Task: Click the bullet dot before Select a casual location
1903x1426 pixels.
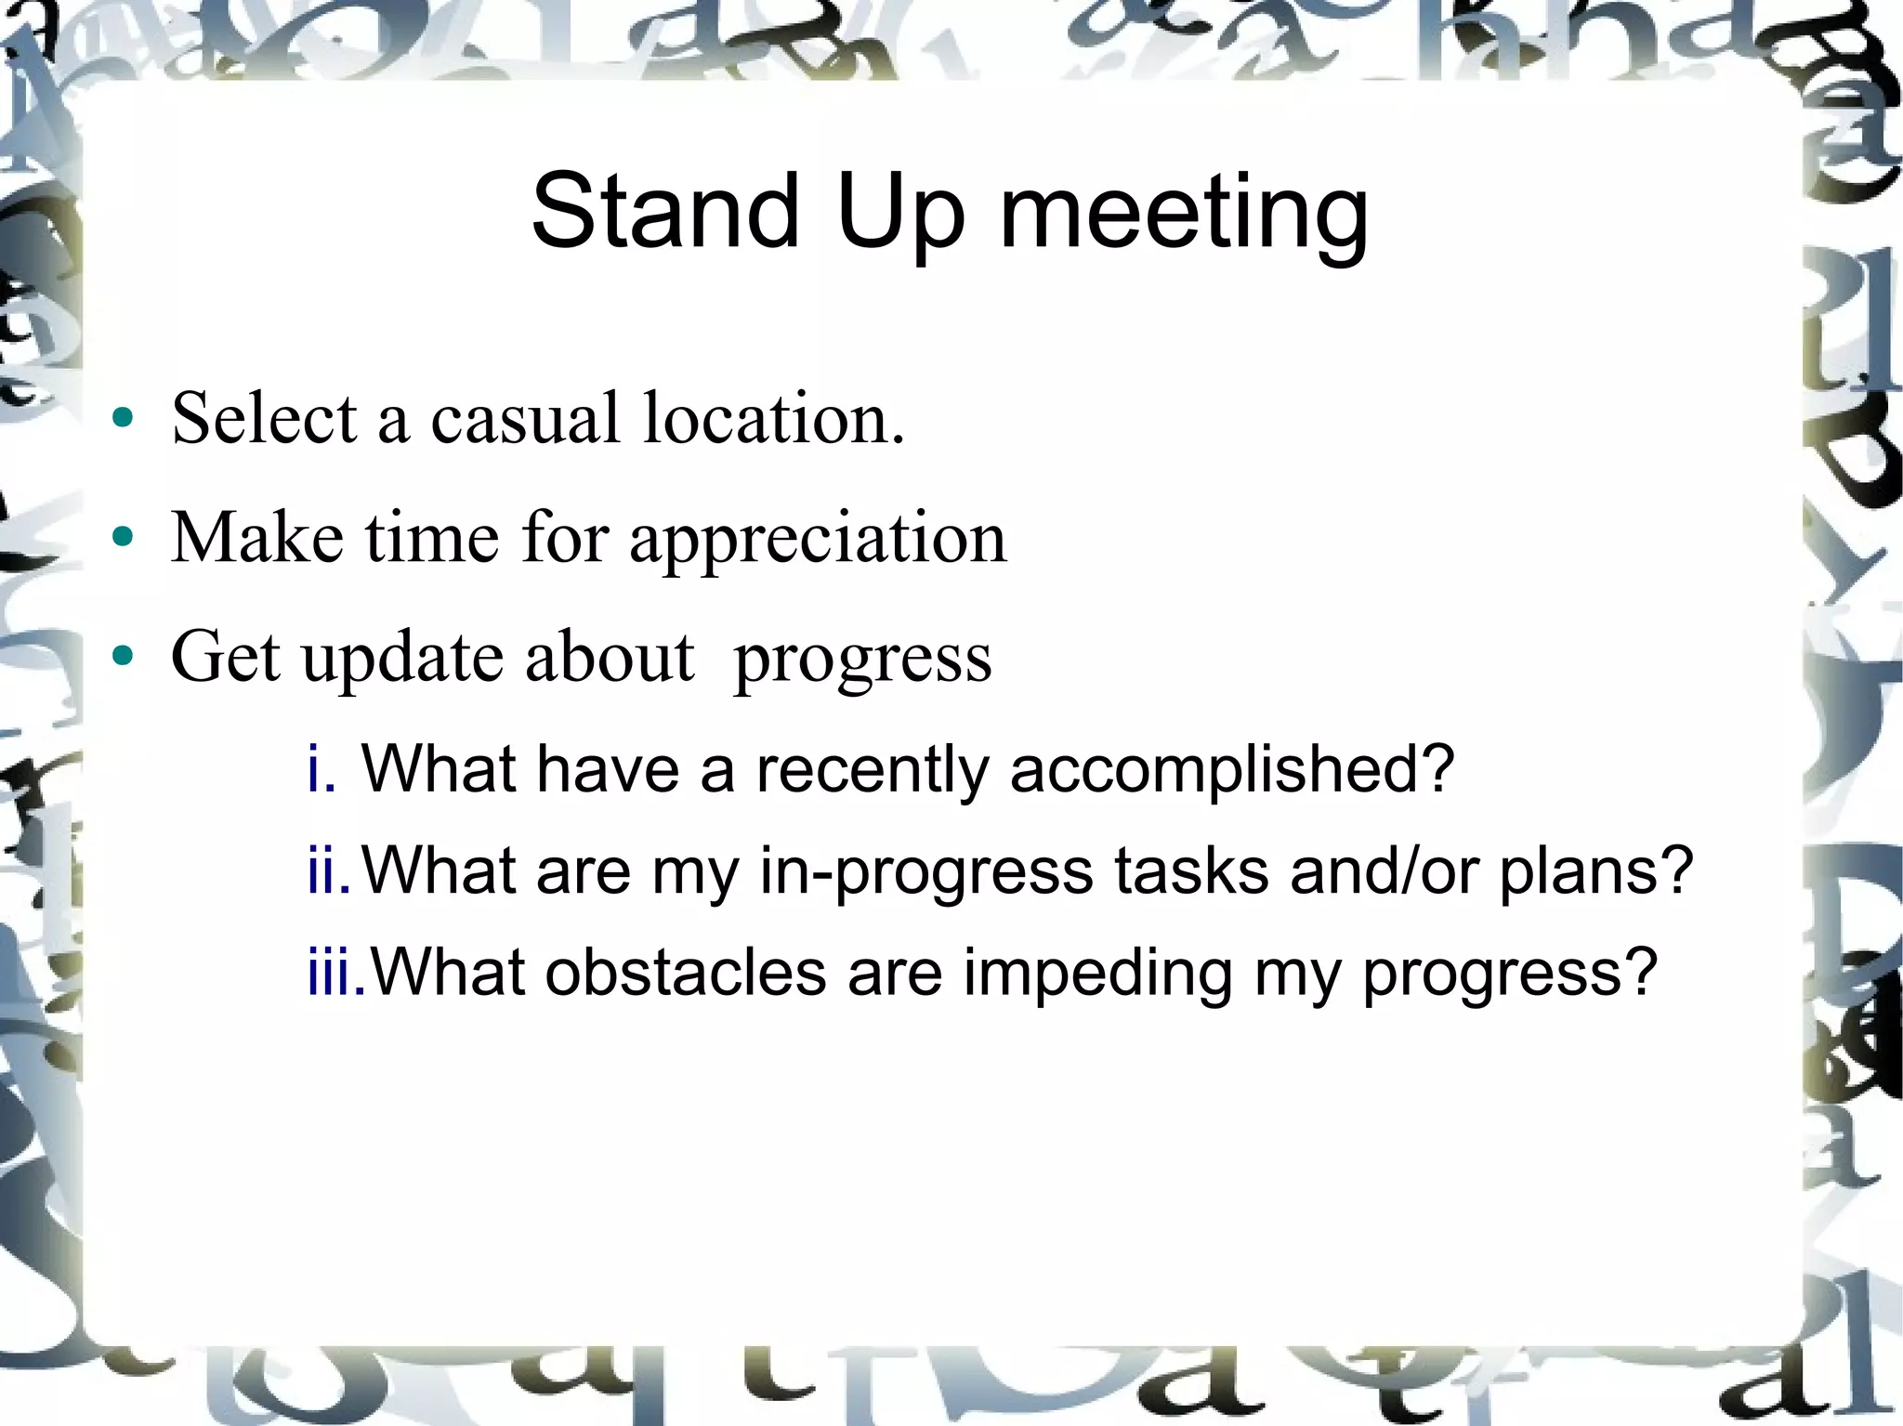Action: [123, 418]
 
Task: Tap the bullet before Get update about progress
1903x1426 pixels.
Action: [123, 657]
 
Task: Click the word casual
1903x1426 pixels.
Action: [525, 418]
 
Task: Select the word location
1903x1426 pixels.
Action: [773, 418]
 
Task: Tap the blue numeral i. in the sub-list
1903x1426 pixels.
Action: [321, 769]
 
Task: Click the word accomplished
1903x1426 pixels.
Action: [1231, 771]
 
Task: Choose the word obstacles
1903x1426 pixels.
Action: [685, 973]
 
